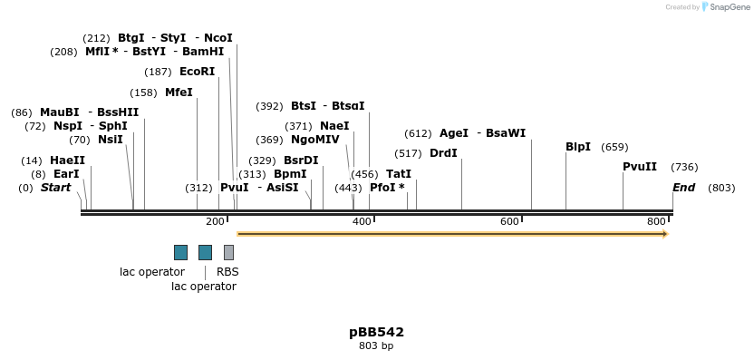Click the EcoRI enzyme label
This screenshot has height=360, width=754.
coord(197,72)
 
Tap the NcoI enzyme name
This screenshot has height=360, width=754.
coord(218,38)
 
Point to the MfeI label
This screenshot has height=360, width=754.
coord(179,92)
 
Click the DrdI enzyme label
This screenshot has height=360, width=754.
coord(443,152)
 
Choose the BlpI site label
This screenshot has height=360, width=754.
coord(578,147)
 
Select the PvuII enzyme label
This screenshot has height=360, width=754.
coord(640,167)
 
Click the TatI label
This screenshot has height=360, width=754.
coord(399,173)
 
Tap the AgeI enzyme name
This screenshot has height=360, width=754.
coord(454,133)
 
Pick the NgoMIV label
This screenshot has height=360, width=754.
coord(315,140)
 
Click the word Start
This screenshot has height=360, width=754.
coord(55,188)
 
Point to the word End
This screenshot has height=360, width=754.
coord(684,188)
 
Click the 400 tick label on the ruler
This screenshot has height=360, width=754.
coord(362,221)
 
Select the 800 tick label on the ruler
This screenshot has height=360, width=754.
coord(656,221)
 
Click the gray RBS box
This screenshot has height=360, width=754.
coord(228,252)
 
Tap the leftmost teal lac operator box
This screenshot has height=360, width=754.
coord(180,252)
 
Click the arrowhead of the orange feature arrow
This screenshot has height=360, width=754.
coord(665,234)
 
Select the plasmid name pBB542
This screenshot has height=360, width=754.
coord(376,332)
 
